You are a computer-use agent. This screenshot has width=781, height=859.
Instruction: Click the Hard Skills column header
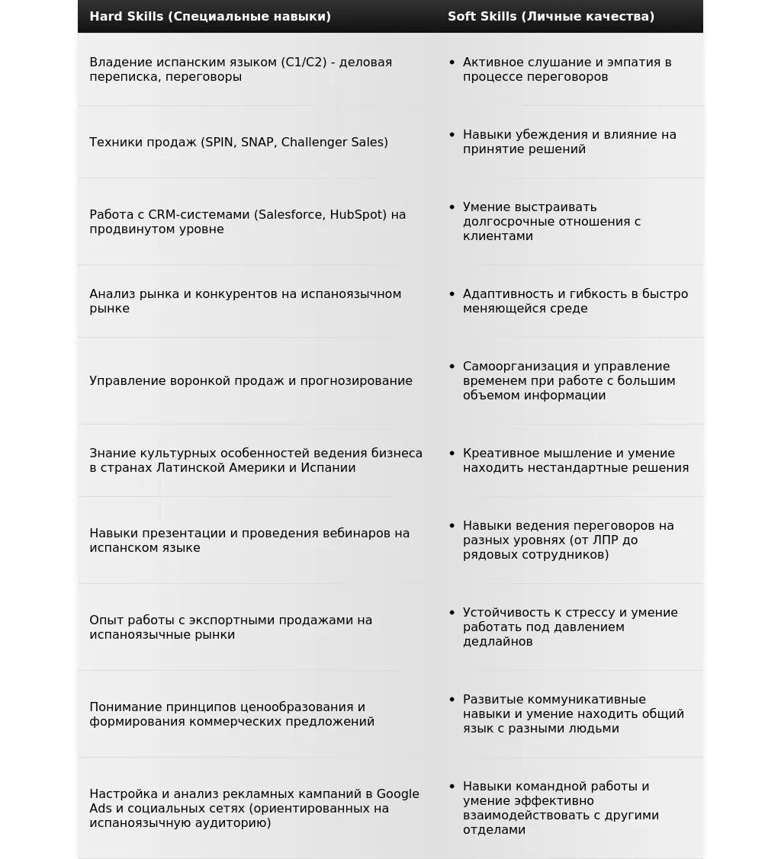[x=210, y=16]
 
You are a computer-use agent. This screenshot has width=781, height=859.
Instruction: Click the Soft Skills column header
[x=551, y=16]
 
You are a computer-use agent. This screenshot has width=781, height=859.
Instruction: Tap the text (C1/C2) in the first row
[x=304, y=63]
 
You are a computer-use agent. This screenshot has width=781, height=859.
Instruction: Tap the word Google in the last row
[x=397, y=794]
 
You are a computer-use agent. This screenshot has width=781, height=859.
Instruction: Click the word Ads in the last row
[x=101, y=809]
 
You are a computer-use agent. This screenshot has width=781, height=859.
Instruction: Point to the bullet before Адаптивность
[x=452, y=294]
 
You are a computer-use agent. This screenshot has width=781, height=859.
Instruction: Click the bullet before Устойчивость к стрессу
[x=452, y=613]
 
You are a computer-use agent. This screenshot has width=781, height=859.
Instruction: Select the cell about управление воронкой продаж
[x=250, y=381]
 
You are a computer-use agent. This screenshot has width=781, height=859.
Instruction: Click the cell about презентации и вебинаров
[x=249, y=540]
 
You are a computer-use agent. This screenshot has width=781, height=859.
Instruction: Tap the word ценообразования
[x=296, y=707]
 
